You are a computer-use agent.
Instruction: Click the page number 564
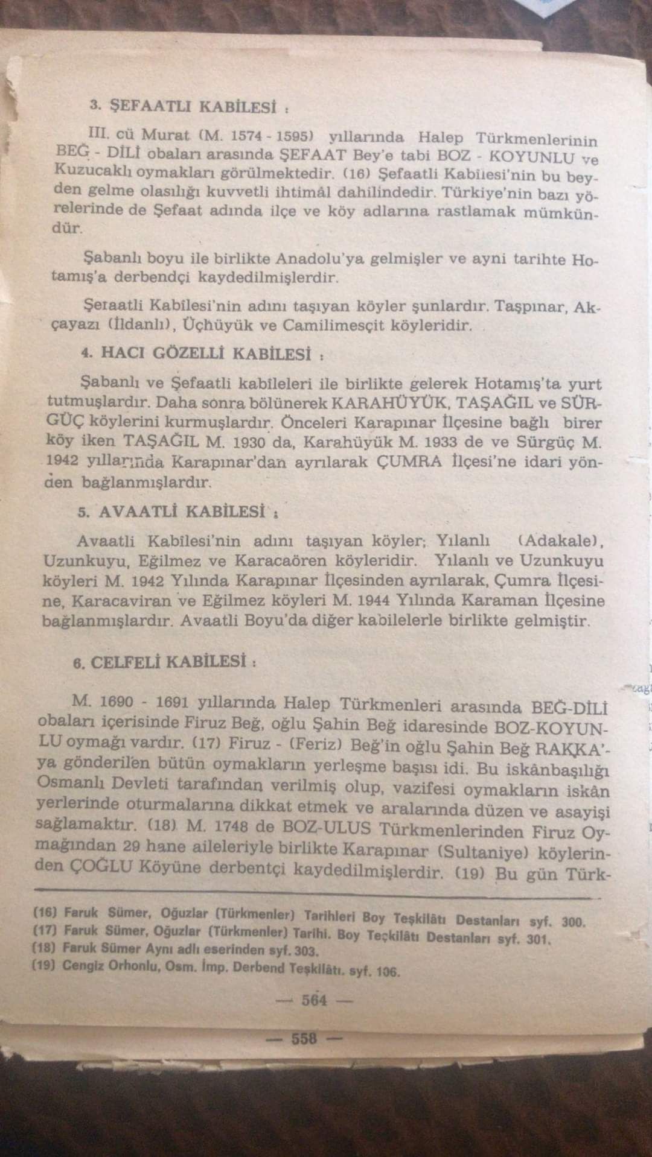(315, 1000)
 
